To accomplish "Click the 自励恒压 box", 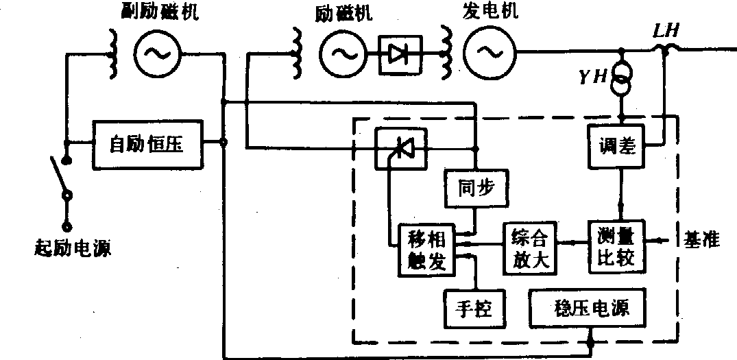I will [x=148, y=145].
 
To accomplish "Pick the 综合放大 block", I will [x=529, y=248].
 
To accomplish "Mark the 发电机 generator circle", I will [x=488, y=53].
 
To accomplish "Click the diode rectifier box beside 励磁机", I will [x=400, y=53].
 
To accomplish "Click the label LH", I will [x=666, y=31].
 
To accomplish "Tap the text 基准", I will [x=703, y=240].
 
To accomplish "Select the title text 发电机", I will [x=492, y=12].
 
